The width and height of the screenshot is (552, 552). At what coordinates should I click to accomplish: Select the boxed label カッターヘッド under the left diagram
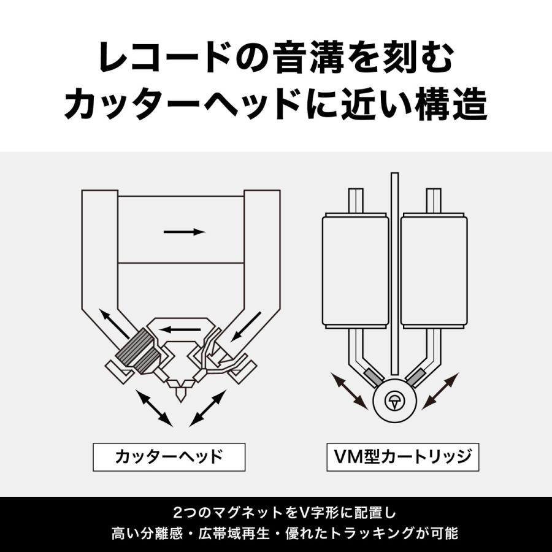tap(169, 456)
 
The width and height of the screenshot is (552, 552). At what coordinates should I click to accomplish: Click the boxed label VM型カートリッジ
tap(402, 456)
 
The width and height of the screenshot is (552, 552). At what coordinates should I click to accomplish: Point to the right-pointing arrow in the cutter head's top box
tap(184, 232)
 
